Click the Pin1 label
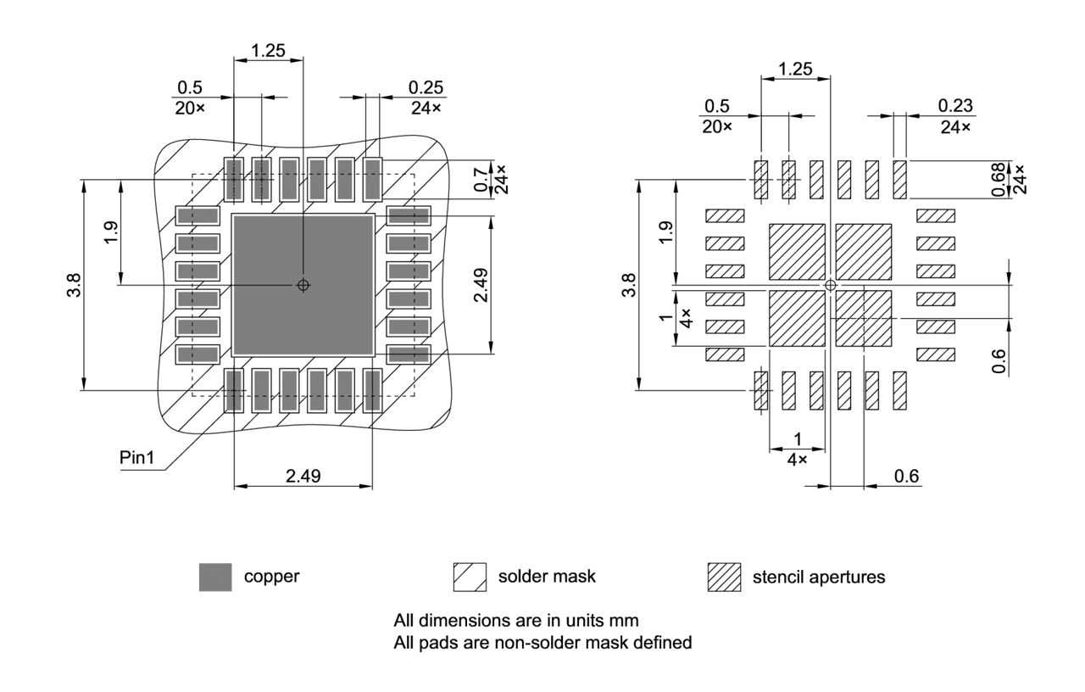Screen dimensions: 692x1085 coord(138,457)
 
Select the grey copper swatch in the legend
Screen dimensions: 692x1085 coord(215,577)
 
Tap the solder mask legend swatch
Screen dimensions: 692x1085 coord(470,577)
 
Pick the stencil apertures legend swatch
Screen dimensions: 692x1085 coord(724,578)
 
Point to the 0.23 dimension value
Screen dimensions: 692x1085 coord(955,106)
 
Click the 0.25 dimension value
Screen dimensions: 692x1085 coord(426,87)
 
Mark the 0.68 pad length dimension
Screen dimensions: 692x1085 coord(999,179)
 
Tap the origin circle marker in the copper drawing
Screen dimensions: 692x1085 coord(303,285)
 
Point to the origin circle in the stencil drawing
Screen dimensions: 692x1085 coord(831,285)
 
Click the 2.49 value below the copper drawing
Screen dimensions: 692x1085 coord(303,476)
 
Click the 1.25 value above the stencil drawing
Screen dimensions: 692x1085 coord(795,69)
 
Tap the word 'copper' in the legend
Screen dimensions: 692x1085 coord(271,577)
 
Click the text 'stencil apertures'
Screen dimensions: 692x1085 coord(818,578)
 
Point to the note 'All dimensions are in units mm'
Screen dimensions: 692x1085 coord(516,620)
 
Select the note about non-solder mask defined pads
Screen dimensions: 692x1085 coord(542,643)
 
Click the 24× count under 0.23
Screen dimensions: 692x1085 coord(955,126)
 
